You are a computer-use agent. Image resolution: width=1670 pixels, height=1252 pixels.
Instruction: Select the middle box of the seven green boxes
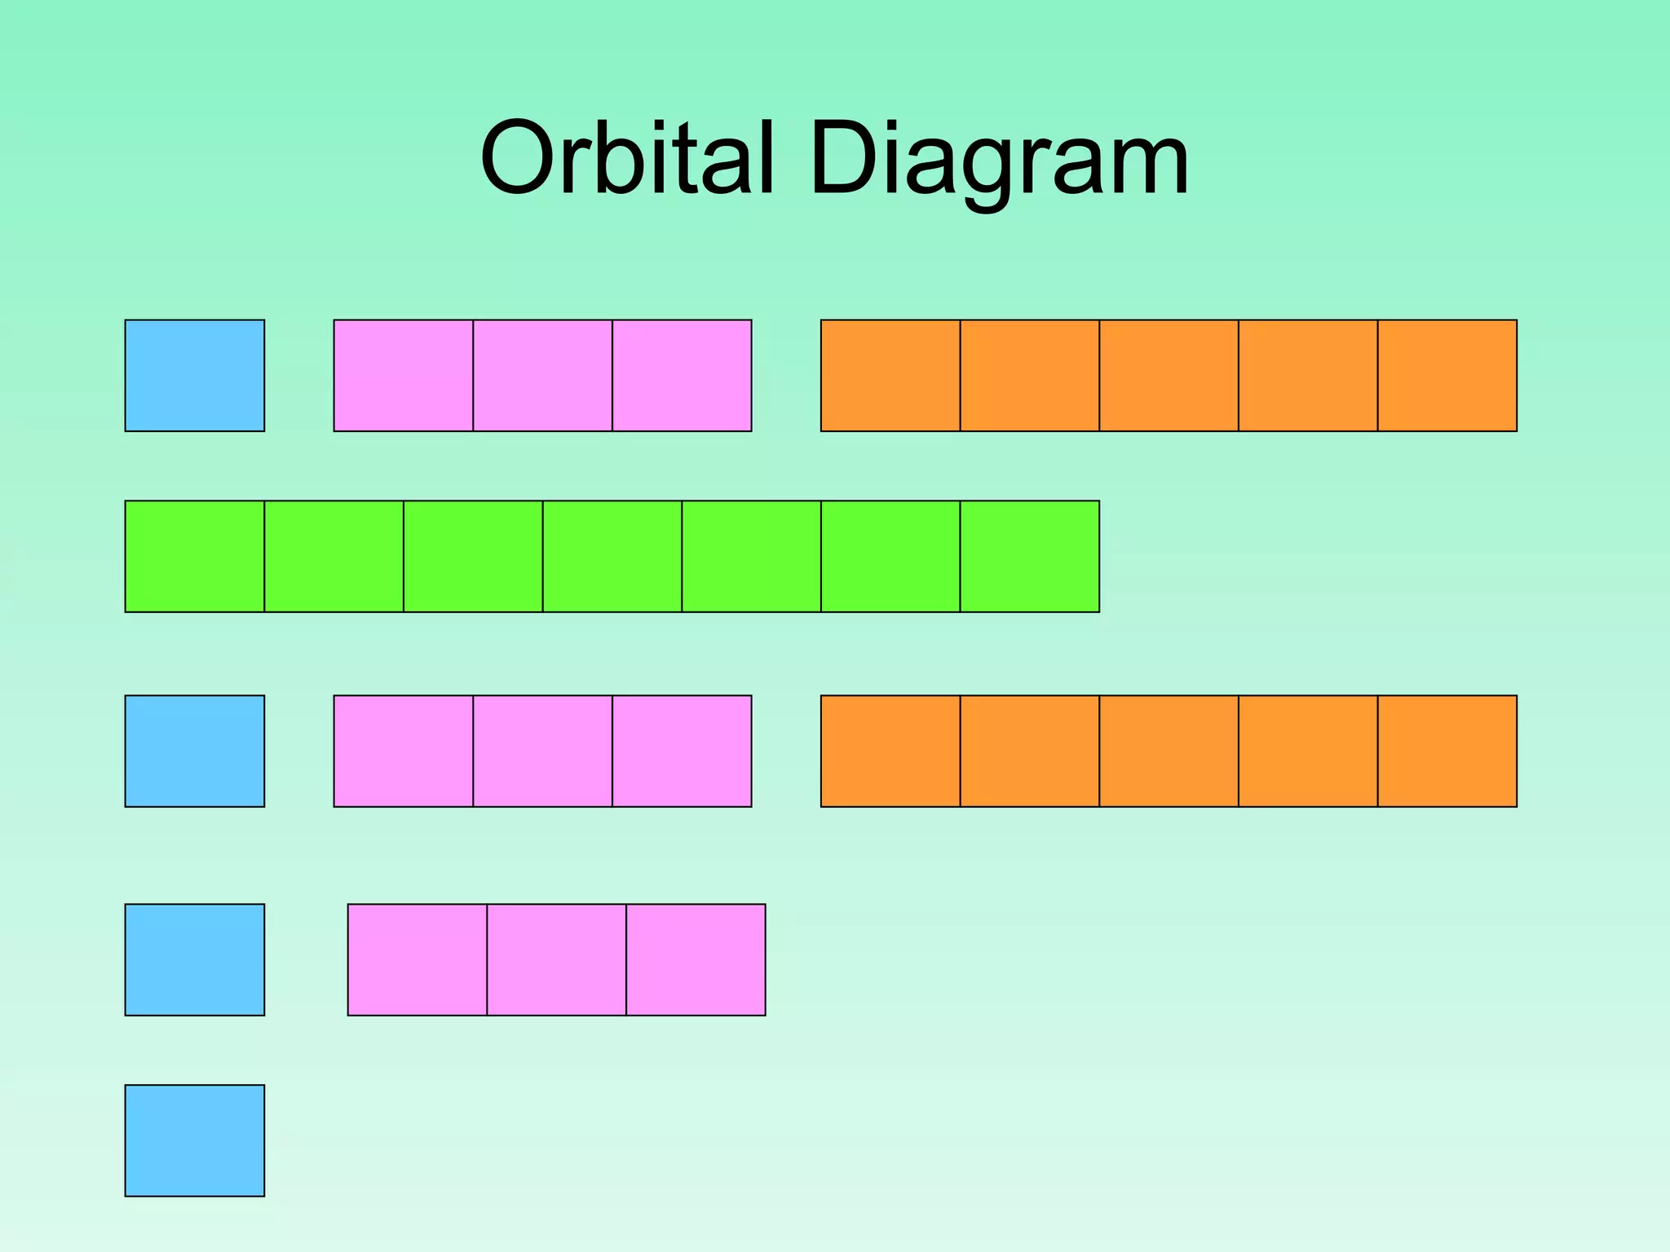[612, 556]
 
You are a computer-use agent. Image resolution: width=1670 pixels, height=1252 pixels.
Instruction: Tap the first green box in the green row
[195, 556]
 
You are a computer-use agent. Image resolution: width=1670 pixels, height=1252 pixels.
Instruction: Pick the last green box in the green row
[1030, 556]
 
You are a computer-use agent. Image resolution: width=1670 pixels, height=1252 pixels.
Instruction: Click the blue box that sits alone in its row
[195, 1140]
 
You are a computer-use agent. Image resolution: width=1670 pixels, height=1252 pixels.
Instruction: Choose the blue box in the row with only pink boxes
[195, 959]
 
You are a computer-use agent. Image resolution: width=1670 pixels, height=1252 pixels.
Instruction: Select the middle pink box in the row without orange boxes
[557, 959]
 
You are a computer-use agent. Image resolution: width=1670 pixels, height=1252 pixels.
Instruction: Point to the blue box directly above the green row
[195, 375]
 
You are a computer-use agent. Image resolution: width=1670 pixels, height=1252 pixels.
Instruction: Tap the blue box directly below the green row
[195, 751]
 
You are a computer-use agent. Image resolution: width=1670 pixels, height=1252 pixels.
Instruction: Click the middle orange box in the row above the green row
[1169, 375]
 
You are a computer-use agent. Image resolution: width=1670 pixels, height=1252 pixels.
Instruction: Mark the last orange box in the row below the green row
[1447, 751]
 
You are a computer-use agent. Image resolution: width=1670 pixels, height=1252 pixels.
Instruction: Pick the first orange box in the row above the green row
[890, 375]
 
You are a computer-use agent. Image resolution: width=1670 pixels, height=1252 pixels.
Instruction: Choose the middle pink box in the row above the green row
[542, 375]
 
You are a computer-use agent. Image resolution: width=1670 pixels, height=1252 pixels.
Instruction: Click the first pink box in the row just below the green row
[404, 751]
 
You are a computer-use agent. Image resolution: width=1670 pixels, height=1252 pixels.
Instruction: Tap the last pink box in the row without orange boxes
[696, 959]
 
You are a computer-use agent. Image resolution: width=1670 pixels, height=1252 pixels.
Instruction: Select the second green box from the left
[334, 556]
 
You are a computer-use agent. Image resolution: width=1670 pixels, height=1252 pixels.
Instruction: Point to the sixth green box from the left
[890, 556]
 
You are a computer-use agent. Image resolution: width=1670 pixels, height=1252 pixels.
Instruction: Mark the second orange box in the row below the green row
[1030, 751]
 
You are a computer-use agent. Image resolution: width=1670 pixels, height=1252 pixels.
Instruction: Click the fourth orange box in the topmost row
[1308, 375]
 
